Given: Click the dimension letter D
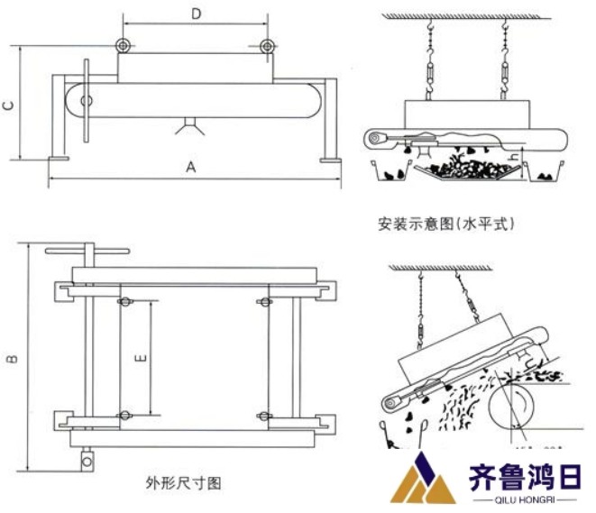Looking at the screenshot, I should tap(197, 14).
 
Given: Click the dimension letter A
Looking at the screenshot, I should tap(190, 166).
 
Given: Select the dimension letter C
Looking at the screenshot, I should tap(8, 105).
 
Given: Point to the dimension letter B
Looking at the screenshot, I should tap(13, 360).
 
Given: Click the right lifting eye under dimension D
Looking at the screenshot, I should tap(266, 47).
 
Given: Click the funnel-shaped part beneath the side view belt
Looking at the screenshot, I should tap(190, 124).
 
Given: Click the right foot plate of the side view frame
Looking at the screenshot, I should tap(329, 160).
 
